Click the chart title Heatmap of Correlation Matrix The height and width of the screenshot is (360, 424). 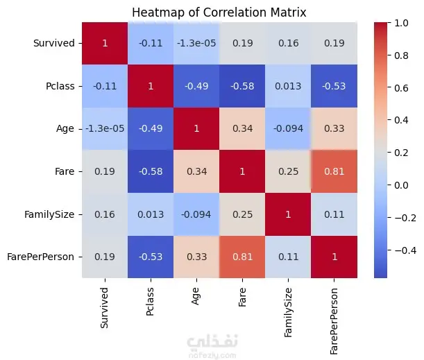[219, 12]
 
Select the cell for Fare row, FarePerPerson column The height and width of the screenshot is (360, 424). [334, 171]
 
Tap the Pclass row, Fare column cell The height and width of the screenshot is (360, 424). [242, 86]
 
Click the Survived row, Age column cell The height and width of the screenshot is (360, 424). [196, 43]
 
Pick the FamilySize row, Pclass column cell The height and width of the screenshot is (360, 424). [151, 214]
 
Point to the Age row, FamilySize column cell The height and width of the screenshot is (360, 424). [288, 128]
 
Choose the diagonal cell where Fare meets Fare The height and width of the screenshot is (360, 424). [242, 171]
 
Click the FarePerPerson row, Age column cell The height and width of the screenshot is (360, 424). [196, 257]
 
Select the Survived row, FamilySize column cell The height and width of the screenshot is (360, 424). [288, 43]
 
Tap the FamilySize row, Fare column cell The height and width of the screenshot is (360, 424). [242, 214]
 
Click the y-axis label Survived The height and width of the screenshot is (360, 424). [54, 43]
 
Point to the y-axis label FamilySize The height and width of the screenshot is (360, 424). [49, 214]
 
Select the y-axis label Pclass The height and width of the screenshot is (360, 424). [60, 86]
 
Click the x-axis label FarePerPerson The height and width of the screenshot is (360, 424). [334, 321]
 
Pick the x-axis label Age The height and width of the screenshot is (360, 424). [196, 296]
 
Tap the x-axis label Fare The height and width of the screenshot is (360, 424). [242, 297]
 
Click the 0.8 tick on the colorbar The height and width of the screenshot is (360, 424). [401, 55]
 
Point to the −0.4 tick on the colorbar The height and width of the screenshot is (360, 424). [405, 250]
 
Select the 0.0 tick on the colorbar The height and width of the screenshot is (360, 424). [401, 185]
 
